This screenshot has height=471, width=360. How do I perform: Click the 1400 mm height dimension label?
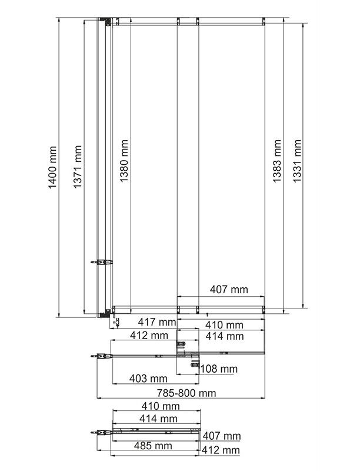52,167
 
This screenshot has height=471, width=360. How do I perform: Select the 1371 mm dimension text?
78,167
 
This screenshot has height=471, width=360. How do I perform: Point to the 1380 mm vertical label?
124,161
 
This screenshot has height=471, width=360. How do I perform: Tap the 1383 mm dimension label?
277,161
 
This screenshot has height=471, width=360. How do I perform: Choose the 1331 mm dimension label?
296,161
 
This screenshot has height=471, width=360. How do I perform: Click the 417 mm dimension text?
157,322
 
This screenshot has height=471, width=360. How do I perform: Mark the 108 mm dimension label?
219,369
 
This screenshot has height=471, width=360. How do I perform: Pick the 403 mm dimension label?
148,379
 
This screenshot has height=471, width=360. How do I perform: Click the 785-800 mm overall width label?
186,393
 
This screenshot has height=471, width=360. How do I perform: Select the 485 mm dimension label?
153,446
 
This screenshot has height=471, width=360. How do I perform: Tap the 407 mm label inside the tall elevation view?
229,290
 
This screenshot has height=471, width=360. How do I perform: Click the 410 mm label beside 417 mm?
224,325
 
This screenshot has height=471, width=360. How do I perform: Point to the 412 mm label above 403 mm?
149,336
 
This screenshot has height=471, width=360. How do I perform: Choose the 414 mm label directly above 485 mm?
158,419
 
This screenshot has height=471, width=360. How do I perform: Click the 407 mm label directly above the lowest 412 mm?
222,436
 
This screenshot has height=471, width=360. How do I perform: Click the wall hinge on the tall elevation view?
101,262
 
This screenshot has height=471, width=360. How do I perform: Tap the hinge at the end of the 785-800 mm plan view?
101,356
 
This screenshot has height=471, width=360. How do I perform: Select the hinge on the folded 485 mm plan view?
101,433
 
